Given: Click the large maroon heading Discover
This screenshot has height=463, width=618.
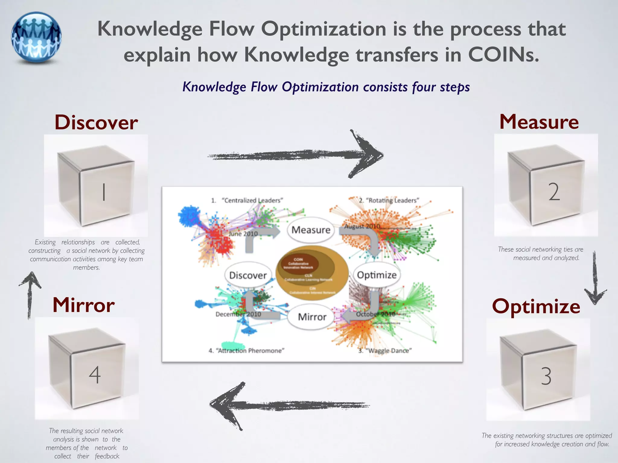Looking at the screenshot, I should coord(96,123).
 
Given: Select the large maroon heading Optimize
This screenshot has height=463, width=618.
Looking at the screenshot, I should coord(536,306).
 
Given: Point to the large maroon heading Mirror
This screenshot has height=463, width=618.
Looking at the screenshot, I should coord(84,305).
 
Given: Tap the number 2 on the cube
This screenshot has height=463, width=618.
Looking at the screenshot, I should coord(554,192).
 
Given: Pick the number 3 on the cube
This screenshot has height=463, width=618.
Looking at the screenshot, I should coord(546,376).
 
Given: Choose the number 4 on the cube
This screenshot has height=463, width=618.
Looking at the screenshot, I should coord(95,375).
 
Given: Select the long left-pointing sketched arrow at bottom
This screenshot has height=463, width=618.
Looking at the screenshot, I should coord(290,405).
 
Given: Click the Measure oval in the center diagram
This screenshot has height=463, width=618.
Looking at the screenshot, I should coord(311,230).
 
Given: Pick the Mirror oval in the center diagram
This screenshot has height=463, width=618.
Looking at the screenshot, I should coord(312,317).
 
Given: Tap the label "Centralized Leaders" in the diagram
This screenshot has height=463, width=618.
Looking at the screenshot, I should coord(252,200).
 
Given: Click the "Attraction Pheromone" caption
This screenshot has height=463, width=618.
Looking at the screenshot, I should coord(250,351).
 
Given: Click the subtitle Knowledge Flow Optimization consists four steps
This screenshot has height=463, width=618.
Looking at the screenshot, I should coord(326,87).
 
